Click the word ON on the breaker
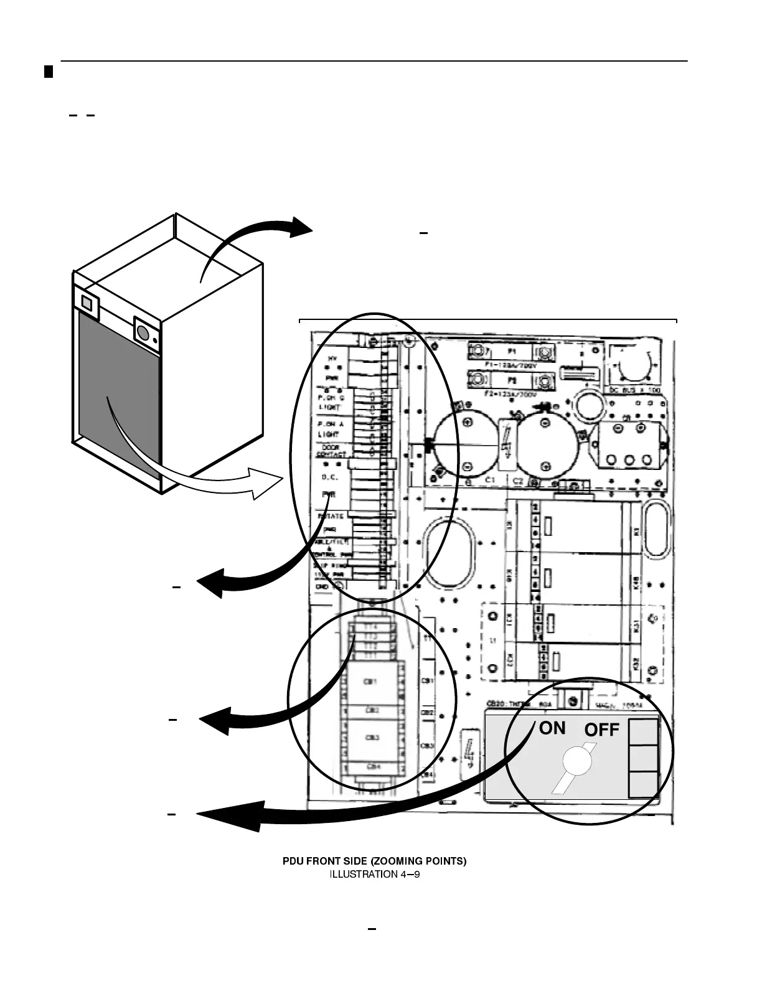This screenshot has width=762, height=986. tap(552, 728)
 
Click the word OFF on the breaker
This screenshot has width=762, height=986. tap(601, 730)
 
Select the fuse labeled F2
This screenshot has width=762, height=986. tap(510, 378)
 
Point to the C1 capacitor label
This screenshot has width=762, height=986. tap(489, 481)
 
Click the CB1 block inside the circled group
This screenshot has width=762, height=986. tap(372, 682)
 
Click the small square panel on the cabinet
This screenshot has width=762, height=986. tap(87, 303)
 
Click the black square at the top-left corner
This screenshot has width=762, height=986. tap(49, 72)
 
